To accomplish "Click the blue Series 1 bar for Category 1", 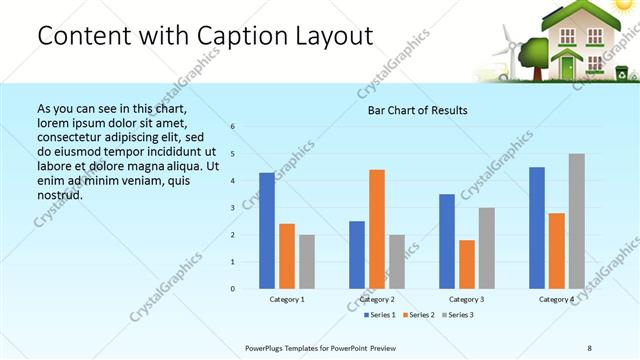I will pos(267,231).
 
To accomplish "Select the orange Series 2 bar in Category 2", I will pos(376,229).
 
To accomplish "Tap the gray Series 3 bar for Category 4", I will pos(576,221).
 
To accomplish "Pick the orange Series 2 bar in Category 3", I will pos(466,264).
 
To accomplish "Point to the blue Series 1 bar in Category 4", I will pos(537,228).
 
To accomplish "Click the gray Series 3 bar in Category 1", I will pos(306,262).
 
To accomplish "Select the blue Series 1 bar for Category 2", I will pos(357,255).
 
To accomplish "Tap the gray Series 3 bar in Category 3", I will pos(486,248).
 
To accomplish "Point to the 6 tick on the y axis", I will pos(232,127).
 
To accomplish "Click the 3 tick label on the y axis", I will pos(232,208).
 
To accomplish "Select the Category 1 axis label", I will pos(287,299).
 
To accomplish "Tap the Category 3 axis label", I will pos(467,299).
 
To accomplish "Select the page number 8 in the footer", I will pos(589,347).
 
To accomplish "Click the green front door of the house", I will pos(568,67).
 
